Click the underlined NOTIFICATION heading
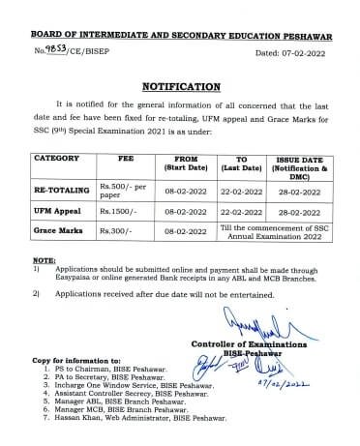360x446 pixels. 180,86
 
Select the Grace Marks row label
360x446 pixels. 57,232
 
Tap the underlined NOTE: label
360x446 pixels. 44,261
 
